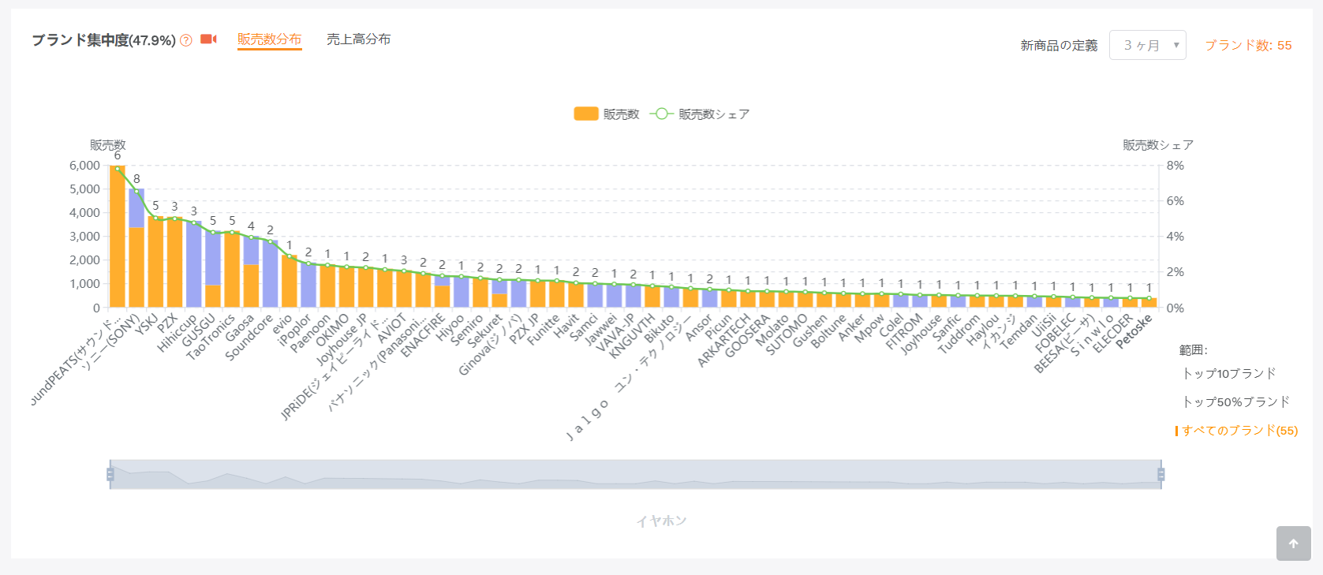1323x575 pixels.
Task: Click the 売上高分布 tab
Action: (x=358, y=39)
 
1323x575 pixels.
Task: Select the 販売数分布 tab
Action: (x=269, y=39)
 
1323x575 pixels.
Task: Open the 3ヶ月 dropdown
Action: (x=1147, y=45)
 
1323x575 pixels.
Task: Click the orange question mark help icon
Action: (x=186, y=40)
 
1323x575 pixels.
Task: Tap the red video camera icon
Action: (x=208, y=39)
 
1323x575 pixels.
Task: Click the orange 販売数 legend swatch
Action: (x=585, y=114)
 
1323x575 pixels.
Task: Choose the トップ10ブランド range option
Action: (x=1229, y=373)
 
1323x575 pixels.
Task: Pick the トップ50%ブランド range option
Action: (x=1235, y=401)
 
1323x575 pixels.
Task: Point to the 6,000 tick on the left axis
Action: (x=84, y=166)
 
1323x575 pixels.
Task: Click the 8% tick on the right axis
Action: (x=1175, y=166)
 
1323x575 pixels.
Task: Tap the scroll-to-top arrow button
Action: (x=1293, y=543)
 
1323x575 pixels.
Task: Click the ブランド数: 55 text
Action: (x=1248, y=45)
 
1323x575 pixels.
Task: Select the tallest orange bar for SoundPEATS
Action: (x=118, y=237)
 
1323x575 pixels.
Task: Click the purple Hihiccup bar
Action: (x=194, y=264)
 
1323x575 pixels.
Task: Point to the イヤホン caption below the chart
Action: (x=661, y=521)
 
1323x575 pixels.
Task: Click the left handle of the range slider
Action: (x=110, y=474)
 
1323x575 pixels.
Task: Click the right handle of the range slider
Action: (x=1160, y=474)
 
